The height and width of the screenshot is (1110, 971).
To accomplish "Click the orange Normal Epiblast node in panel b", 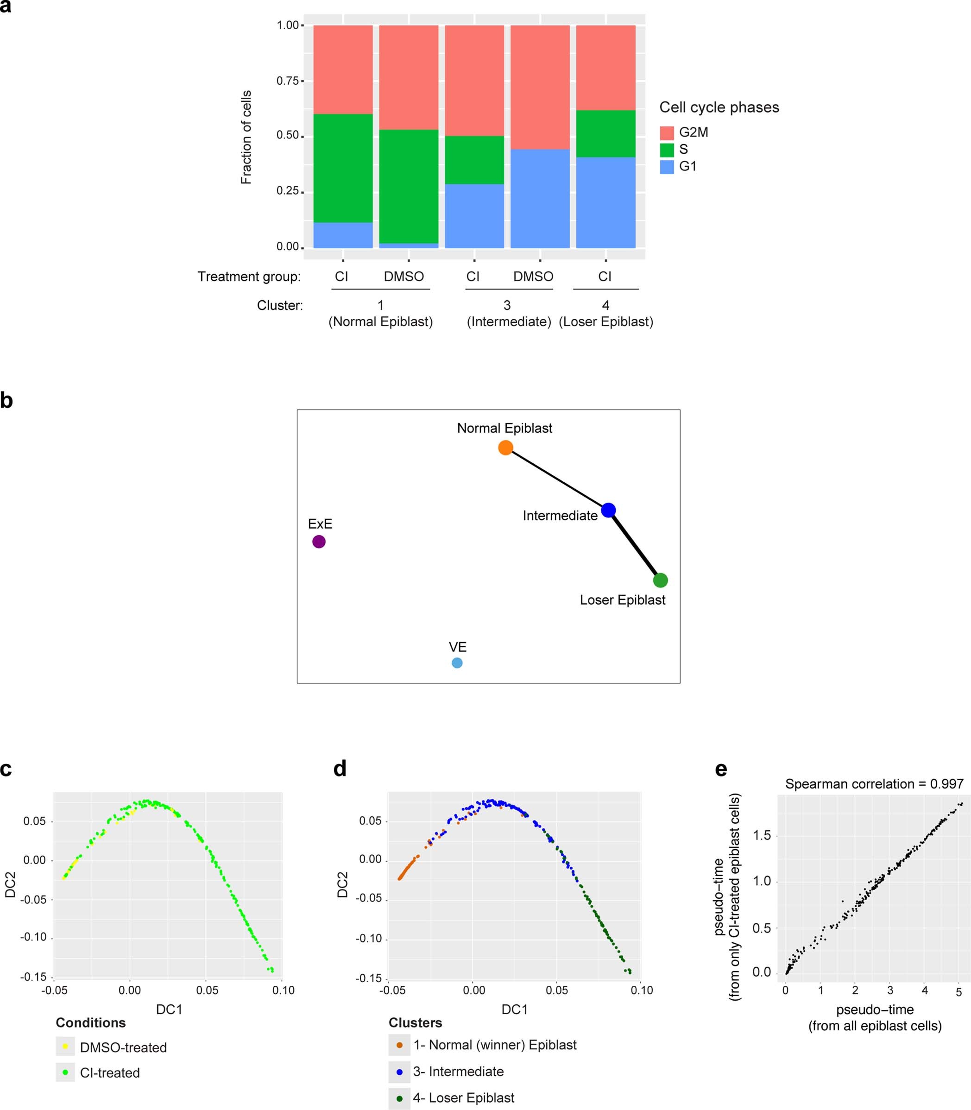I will (x=505, y=448).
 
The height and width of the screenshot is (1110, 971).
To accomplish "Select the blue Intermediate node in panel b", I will (x=608, y=510).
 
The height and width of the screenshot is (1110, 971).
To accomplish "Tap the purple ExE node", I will (x=319, y=541).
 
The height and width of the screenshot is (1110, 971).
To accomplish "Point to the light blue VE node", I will (x=457, y=662).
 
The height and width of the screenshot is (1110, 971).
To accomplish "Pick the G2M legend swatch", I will (x=667, y=132).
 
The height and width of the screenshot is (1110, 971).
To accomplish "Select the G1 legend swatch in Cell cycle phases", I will (x=667, y=166).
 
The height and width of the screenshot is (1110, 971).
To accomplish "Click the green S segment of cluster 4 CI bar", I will (x=605, y=133).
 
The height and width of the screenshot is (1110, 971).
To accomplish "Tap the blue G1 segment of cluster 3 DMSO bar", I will (x=540, y=198).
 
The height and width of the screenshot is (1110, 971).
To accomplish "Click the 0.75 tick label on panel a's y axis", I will (x=287, y=81).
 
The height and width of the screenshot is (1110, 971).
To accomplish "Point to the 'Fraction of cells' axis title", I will (x=246, y=137).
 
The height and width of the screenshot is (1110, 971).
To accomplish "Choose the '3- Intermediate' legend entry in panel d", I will (x=458, y=1071).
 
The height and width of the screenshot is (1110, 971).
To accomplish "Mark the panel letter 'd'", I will (x=340, y=769).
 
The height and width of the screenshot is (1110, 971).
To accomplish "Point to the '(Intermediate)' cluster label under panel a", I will (x=509, y=322).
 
